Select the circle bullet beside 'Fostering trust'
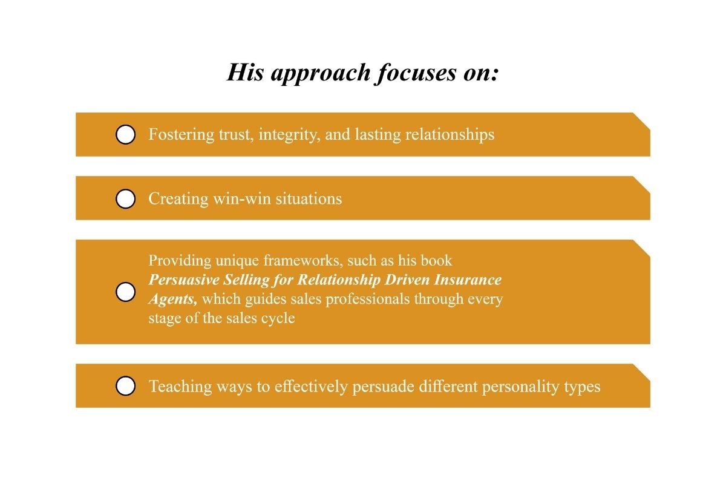click(125, 134)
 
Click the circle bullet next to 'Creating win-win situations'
click(125, 198)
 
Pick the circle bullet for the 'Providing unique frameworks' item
click(125, 292)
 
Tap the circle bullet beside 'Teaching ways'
click(125, 386)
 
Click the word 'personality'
click(522, 386)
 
